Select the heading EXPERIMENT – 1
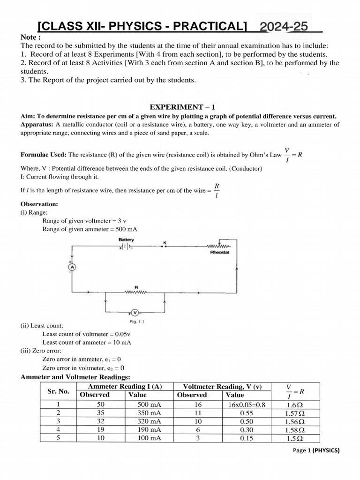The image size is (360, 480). click(x=180, y=107)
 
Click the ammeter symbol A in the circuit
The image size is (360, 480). click(x=73, y=267)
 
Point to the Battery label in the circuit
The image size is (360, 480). click(x=126, y=240)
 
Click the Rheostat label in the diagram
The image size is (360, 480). click(x=218, y=252)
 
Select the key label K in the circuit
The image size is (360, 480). click(x=165, y=242)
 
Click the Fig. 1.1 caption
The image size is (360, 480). click(x=136, y=322)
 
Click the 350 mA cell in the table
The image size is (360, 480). click(x=149, y=412)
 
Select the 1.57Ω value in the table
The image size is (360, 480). click(x=295, y=413)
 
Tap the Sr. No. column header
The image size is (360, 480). click(x=58, y=390)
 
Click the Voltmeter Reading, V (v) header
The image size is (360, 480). click(x=222, y=386)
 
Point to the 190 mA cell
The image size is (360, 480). click(x=149, y=429)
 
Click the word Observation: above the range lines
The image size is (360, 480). click(x=39, y=204)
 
